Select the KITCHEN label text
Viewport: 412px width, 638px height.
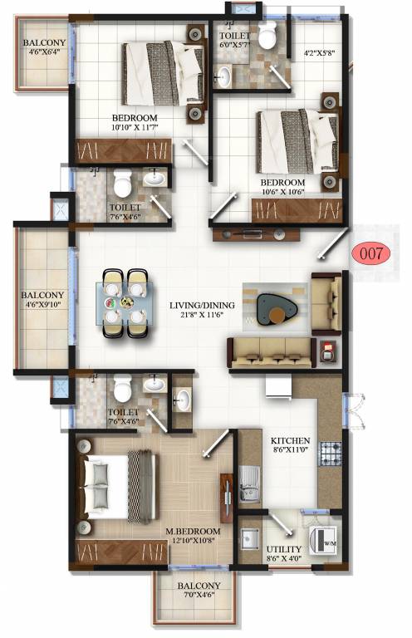coord(290,440)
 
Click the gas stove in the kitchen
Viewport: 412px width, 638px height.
coord(331,454)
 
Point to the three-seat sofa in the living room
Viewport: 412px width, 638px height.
coord(270,352)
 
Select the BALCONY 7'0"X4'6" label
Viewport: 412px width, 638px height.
coord(198,590)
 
